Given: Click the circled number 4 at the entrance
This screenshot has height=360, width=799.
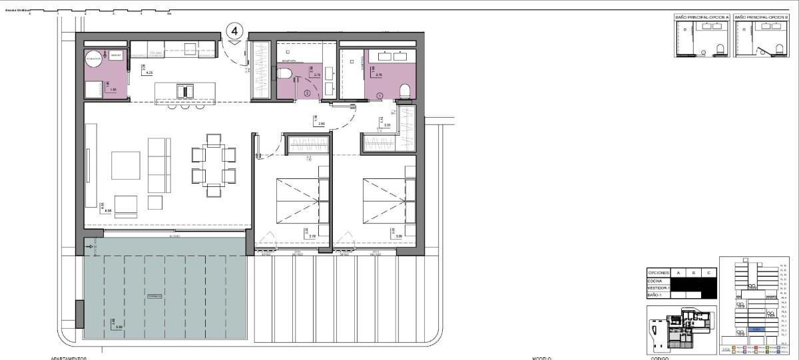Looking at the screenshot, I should tap(235, 31).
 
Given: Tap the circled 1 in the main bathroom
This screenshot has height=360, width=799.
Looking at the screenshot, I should tap(380, 96).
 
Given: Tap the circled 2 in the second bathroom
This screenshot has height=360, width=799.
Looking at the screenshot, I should tap(307, 94).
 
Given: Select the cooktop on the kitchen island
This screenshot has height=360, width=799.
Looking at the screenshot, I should tap(185, 90).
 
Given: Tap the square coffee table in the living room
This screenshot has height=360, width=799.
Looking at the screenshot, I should tap(126, 165).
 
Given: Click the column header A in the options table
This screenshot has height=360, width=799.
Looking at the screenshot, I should tap(678, 273).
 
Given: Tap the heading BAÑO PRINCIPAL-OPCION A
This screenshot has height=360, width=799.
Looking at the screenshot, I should tap(702, 16).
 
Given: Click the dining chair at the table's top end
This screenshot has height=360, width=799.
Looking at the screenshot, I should tap(214, 139).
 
